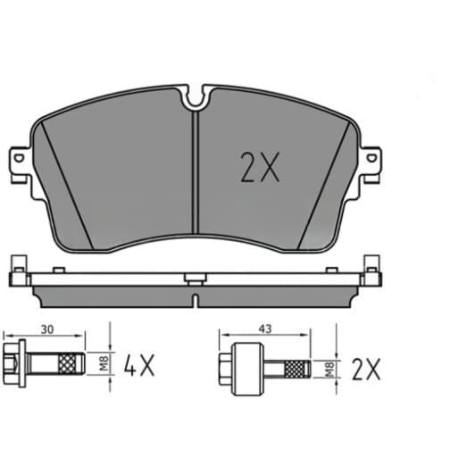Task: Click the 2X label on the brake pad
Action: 260,167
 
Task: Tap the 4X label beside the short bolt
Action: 139,365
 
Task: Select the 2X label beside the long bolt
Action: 366,370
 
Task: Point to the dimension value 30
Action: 47,329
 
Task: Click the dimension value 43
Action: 265,329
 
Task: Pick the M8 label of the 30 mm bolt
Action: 104,363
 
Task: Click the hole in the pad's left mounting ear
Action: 19,158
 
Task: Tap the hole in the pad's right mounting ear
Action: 371,158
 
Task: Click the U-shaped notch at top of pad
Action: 196,97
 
